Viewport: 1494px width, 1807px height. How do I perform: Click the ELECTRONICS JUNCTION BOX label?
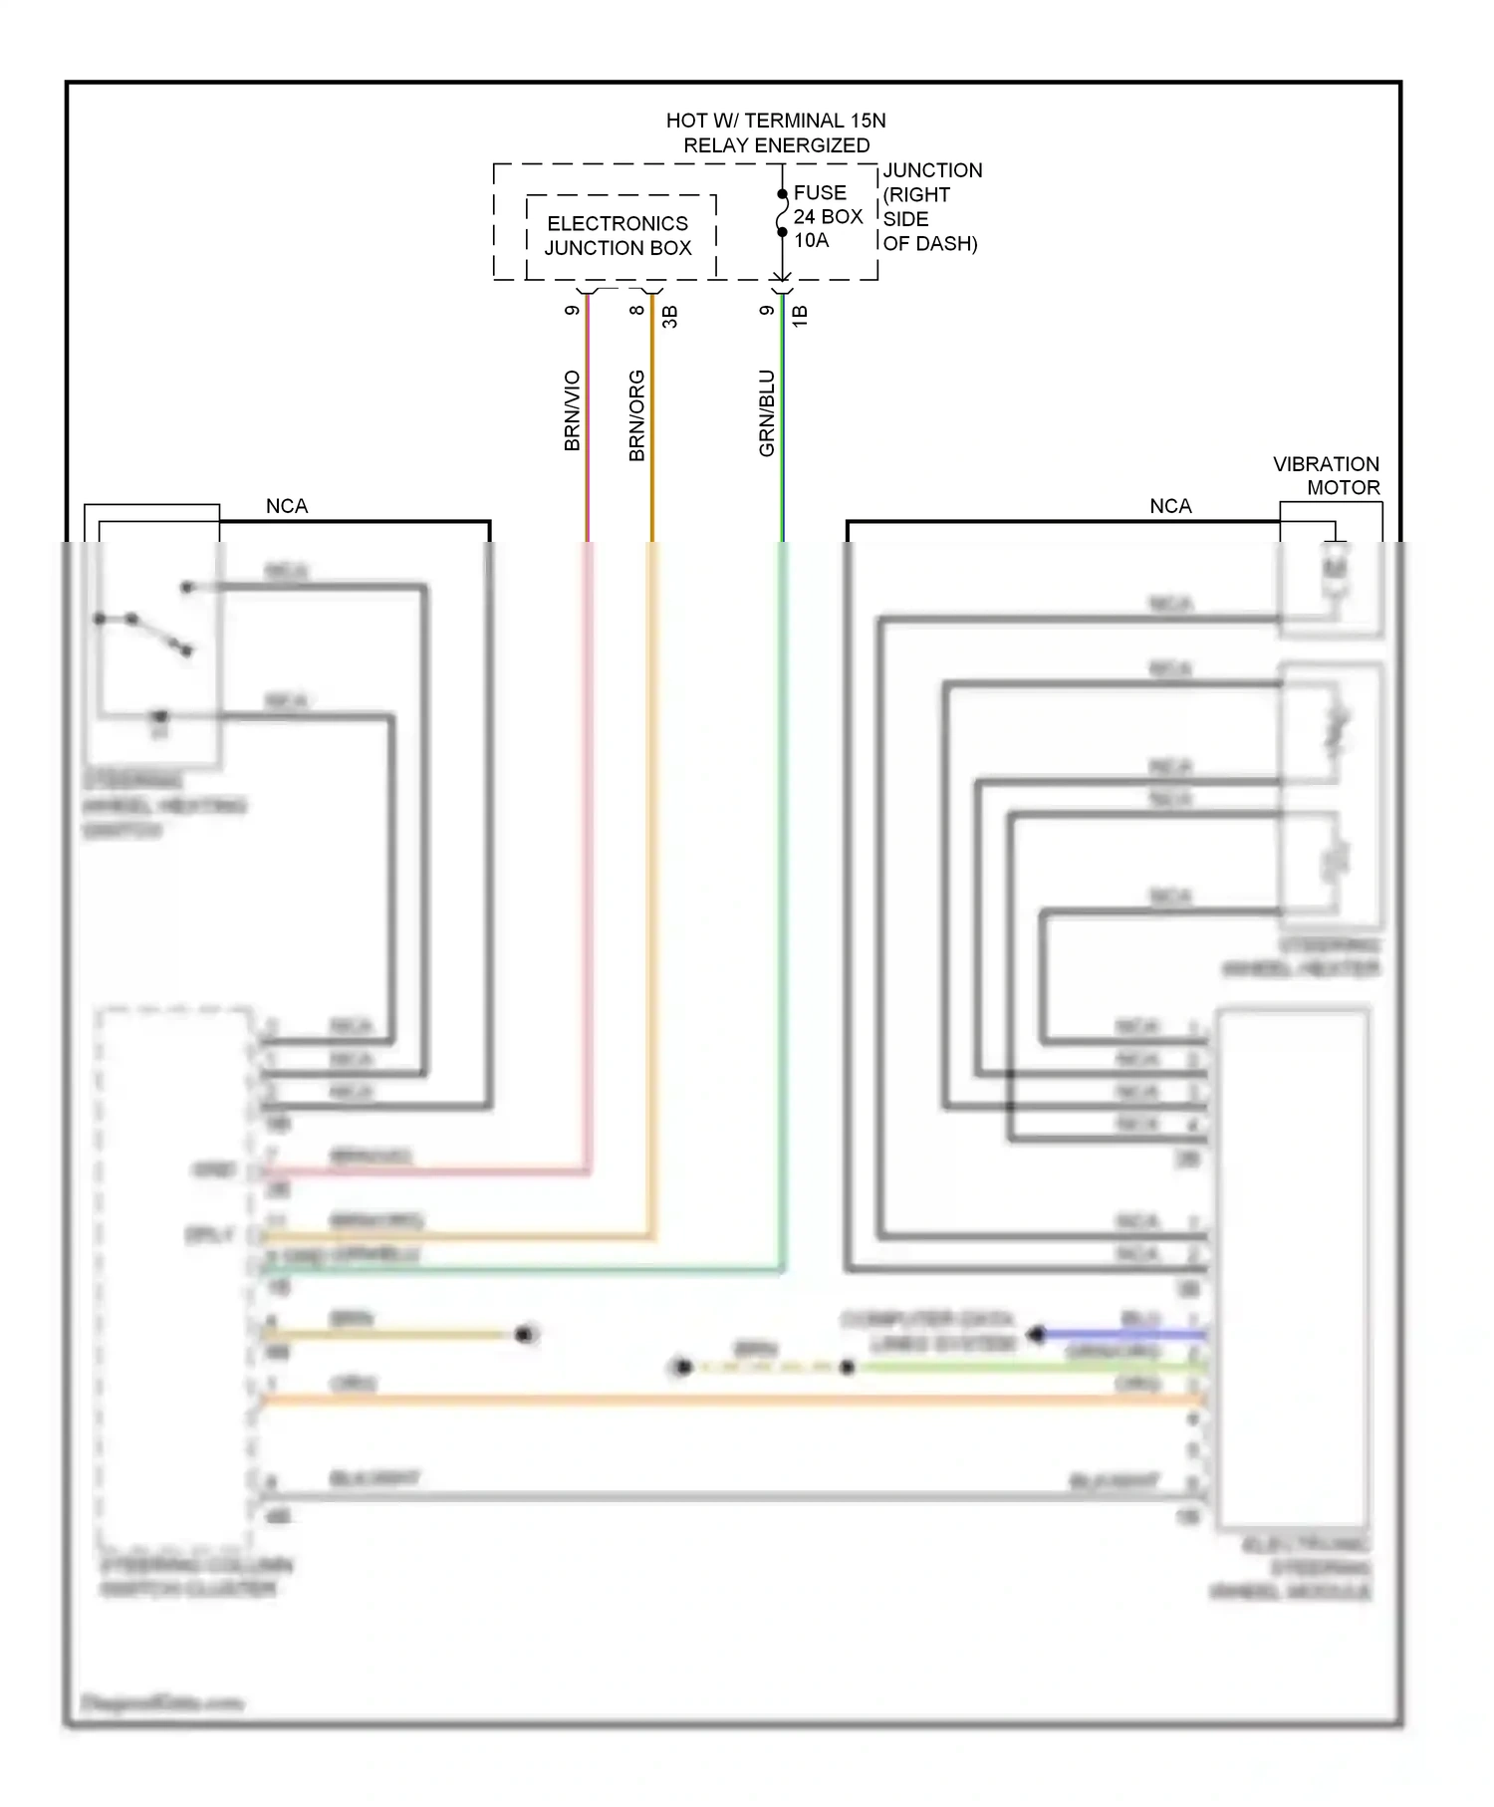(x=618, y=236)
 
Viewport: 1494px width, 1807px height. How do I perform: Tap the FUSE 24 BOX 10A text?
(x=827, y=216)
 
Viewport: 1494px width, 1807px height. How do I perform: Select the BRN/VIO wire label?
(x=572, y=410)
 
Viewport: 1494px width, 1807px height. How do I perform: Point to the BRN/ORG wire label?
(x=636, y=415)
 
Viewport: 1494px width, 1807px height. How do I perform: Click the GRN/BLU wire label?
(x=766, y=413)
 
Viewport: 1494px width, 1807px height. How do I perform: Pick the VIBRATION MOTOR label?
(x=1327, y=476)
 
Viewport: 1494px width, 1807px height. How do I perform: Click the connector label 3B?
(x=670, y=317)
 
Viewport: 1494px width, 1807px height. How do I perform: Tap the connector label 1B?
(x=800, y=316)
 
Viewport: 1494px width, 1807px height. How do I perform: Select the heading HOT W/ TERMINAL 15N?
(x=775, y=121)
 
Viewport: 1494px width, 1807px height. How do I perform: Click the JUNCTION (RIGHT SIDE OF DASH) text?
(x=930, y=207)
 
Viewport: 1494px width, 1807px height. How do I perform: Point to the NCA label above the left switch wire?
(x=287, y=506)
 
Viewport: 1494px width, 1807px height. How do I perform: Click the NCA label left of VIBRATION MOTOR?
(x=1170, y=506)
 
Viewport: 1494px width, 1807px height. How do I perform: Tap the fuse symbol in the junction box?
(x=783, y=213)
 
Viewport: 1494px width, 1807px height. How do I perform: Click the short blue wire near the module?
(x=1120, y=1334)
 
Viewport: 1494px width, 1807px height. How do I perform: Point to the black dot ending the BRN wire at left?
(x=525, y=1334)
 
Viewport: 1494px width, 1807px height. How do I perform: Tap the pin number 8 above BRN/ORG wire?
(x=636, y=310)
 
